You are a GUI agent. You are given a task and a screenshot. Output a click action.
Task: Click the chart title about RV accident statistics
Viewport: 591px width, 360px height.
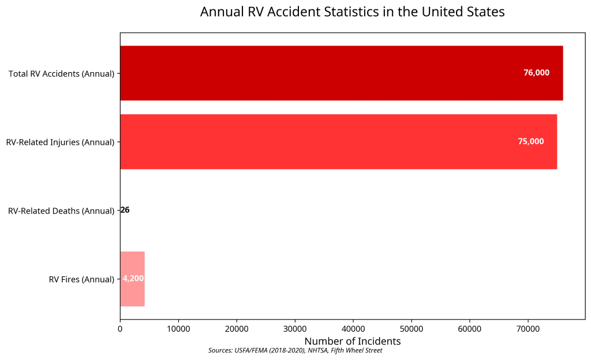click(x=352, y=12)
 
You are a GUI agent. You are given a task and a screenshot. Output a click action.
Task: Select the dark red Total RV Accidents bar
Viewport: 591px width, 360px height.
click(x=341, y=73)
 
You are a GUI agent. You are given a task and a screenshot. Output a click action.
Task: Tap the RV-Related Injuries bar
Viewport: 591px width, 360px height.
click(x=338, y=142)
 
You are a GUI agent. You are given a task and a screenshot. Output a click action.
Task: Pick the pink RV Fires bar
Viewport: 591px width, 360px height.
click(x=132, y=279)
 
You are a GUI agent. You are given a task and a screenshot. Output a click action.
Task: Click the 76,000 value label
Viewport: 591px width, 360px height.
click(x=536, y=73)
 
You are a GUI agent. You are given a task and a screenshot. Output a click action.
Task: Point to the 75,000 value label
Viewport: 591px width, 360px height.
click(x=530, y=142)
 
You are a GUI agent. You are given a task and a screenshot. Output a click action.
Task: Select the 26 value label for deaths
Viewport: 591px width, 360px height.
click(x=125, y=211)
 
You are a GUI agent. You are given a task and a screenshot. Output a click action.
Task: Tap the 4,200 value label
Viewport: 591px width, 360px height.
click(x=133, y=279)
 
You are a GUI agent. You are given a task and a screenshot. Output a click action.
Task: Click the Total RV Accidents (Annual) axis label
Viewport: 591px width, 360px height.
click(x=61, y=74)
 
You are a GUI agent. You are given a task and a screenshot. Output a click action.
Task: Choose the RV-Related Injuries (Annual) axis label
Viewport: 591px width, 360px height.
click(x=60, y=142)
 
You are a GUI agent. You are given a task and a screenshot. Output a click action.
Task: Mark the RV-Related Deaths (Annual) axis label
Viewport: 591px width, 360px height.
click(x=61, y=211)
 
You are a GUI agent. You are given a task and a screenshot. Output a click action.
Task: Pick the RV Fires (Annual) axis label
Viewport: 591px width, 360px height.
click(x=81, y=280)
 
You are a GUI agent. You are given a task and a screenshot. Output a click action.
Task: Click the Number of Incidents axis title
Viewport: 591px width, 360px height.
click(x=352, y=342)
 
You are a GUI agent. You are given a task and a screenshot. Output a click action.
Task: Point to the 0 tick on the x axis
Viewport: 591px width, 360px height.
click(x=120, y=329)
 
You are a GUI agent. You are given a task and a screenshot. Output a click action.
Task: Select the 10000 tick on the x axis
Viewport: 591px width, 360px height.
click(x=178, y=329)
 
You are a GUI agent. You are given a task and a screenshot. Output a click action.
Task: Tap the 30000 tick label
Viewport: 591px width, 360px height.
click(x=295, y=329)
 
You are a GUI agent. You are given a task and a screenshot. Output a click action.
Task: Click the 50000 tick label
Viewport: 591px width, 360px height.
click(x=412, y=329)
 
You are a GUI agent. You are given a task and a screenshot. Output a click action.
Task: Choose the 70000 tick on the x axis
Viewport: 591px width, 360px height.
click(x=528, y=329)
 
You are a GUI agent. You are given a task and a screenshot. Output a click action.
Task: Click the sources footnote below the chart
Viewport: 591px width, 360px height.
click(x=295, y=350)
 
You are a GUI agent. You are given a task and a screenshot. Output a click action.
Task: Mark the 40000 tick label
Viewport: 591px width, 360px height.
click(x=353, y=329)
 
